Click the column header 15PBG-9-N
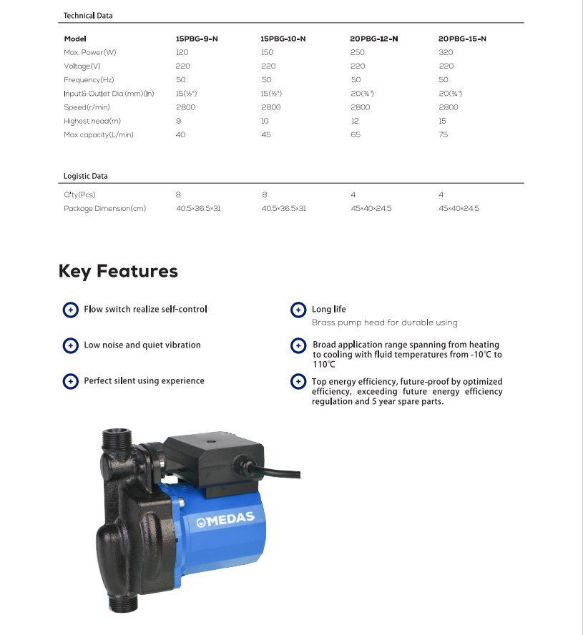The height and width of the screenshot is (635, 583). coord(197,39)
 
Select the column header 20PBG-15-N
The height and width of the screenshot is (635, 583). coord(462,39)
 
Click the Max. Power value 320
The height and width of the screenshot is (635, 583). coord(446,52)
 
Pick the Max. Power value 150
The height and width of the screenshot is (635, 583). coord(268,52)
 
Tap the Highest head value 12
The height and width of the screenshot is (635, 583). coord(355,121)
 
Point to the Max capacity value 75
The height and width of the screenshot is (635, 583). coord(444,134)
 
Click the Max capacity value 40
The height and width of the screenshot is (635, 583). coord(180,134)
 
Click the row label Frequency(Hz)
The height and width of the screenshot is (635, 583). coord(89,79)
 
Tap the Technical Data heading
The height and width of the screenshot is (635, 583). coord(88,15)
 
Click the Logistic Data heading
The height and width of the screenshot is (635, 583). coord(86,175)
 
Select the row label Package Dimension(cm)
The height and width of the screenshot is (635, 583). coord(104,208)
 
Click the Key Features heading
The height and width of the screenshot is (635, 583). coord(118,271)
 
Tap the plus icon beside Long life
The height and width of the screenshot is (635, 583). coord(298,310)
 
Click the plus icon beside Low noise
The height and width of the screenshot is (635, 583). coord(70,345)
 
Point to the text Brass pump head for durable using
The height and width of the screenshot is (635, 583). coord(384,323)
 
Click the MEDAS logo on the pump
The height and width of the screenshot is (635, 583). coord(226,520)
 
